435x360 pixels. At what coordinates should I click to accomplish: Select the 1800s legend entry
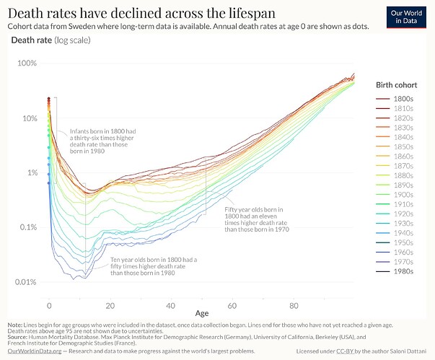403,98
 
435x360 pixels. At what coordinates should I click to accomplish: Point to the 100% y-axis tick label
27,63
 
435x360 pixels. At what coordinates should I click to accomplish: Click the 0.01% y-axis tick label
26,282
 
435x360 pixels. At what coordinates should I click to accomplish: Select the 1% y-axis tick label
32,172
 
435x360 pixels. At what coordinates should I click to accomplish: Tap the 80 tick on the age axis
294,305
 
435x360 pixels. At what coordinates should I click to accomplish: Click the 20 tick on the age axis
110,305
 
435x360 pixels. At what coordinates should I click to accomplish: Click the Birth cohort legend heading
397,84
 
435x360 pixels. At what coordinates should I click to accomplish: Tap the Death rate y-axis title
31,40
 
